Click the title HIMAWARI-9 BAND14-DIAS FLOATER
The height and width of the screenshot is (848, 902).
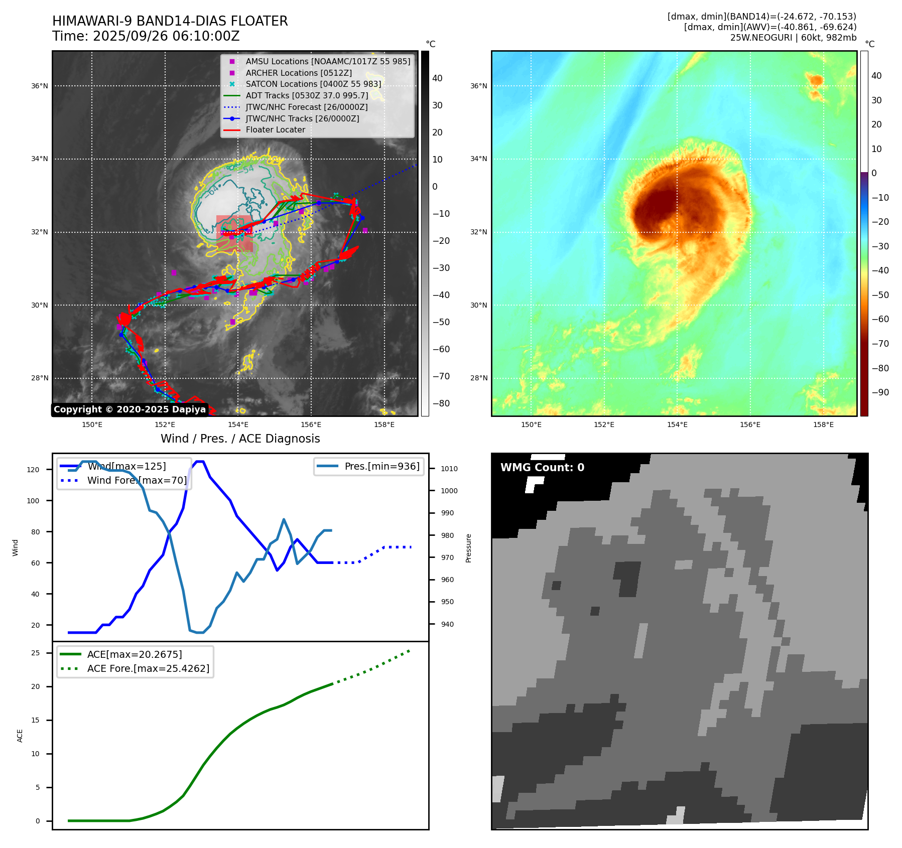coord(170,21)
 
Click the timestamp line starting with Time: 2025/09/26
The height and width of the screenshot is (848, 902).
coord(146,36)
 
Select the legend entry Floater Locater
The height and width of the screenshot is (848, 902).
coord(275,129)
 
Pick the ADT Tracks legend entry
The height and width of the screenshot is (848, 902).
coord(307,95)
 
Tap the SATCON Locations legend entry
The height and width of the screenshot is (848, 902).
coord(313,84)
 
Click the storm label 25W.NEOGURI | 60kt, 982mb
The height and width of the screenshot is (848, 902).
coord(793,38)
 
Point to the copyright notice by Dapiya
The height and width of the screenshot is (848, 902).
coord(130,409)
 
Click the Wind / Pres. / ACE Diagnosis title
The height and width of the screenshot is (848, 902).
coord(240,439)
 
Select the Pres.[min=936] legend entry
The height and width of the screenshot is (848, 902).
coord(381,466)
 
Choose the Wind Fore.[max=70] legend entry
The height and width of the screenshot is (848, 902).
coord(137,480)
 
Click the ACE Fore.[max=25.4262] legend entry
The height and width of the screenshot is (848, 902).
coord(148,668)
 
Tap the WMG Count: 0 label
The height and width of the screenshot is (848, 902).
coord(542,467)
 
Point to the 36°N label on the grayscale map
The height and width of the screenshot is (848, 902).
coord(40,86)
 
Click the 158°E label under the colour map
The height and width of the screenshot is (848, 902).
coord(823,425)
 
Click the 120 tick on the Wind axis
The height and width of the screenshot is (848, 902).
coord(33,470)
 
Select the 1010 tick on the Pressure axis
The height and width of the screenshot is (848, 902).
coord(449,469)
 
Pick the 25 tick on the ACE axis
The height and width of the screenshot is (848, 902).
coord(36,653)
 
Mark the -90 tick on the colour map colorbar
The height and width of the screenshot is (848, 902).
coord(880,392)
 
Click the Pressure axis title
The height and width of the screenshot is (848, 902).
coord(468,548)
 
